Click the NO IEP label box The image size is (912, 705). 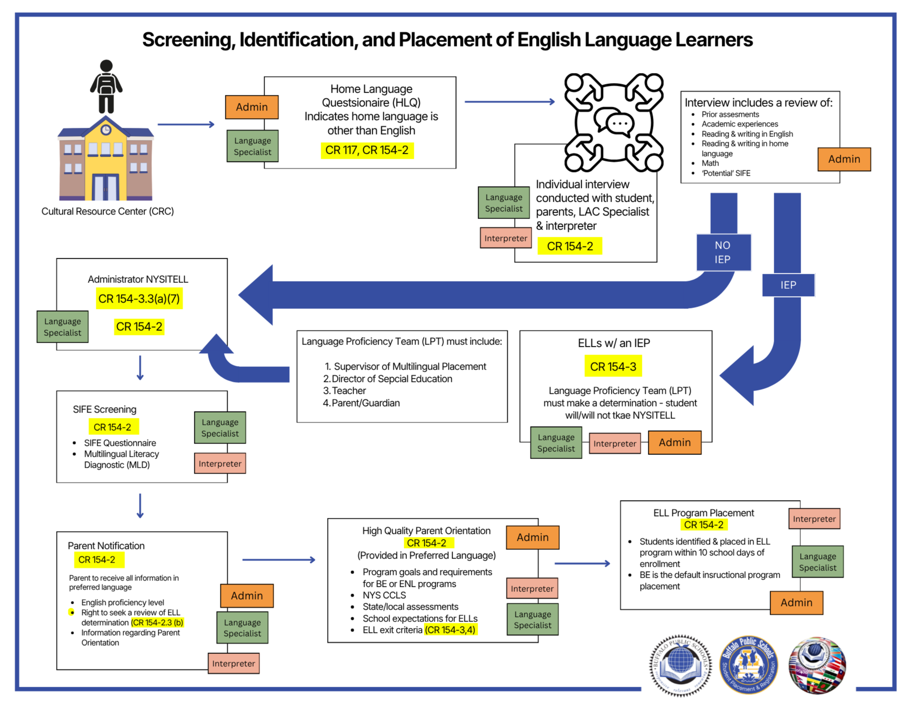(723, 252)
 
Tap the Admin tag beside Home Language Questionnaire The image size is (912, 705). (252, 107)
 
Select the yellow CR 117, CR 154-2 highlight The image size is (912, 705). (367, 150)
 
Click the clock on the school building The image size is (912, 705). (106, 130)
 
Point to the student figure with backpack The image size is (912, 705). (106, 86)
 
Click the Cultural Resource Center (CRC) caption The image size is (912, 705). (108, 211)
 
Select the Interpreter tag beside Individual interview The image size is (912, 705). (506, 238)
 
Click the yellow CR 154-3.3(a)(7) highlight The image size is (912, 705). (139, 299)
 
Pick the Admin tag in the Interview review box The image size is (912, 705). (844, 159)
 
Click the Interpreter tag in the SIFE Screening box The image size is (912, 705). (220, 464)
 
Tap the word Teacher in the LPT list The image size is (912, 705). (349, 391)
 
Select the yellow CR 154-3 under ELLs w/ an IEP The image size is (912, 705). (613, 366)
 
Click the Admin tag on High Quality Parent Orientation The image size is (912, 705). (532, 538)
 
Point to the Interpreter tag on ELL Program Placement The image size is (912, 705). (814, 519)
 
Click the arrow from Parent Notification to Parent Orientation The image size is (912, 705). (279, 559)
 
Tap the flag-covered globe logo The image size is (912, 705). (817, 665)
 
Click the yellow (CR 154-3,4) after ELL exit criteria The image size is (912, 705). (451, 630)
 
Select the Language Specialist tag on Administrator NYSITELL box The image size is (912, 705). (63, 327)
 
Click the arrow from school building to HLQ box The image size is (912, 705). (186, 124)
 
